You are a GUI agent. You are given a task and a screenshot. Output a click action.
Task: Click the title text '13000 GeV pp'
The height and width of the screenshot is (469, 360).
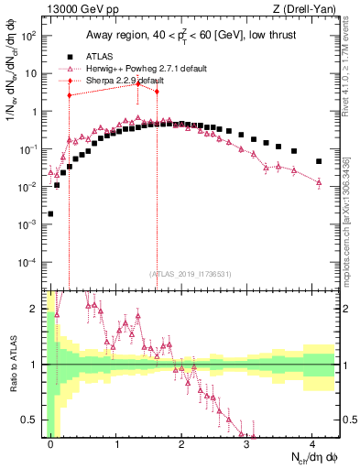coord(70,10)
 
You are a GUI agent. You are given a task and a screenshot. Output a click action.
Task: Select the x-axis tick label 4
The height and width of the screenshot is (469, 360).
coord(312,443)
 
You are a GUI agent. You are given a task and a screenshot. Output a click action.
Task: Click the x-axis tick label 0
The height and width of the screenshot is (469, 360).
coord(50,443)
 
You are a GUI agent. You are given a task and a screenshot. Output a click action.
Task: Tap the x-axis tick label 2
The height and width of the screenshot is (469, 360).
coord(181,443)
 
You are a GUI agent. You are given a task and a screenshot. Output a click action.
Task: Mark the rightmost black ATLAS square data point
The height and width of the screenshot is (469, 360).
coord(319,161)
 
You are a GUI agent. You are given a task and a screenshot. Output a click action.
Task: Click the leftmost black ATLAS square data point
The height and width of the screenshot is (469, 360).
coord(50,213)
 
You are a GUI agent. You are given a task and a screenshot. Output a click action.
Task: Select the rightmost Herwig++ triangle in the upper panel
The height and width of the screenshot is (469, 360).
coord(319,182)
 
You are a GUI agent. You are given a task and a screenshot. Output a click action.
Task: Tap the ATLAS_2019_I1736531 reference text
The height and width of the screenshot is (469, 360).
coord(184,274)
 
